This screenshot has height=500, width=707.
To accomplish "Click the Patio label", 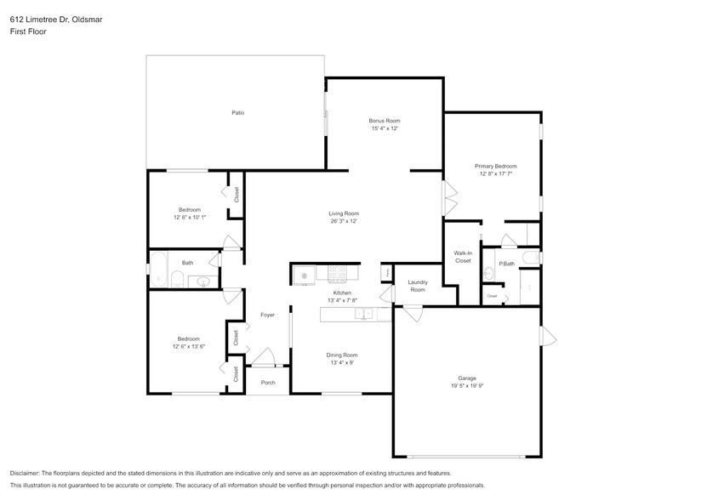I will pyautogui.click(x=238, y=112).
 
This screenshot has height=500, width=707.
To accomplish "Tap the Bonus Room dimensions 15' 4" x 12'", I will pyautogui.click(x=384, y=128).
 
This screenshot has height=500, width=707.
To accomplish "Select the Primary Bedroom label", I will pyautogui.click(x=495, y=166).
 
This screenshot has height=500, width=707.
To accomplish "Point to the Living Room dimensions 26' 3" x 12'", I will pyautogui.click(x=344, y=221).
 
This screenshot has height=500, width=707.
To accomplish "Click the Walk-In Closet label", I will pyautogui.click(x=462, y=257).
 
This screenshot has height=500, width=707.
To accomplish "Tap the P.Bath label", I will pyautogui.click(x=506, y=264).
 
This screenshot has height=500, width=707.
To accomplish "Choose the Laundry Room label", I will pyautogui.click(x=417, y=286).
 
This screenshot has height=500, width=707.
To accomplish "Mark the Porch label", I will pyautogui.click(x=268, y=383).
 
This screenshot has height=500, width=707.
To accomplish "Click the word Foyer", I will pyautogui.click(x=267, y=315).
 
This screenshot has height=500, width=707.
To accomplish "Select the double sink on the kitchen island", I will pyautogui.click(x=362, y=315).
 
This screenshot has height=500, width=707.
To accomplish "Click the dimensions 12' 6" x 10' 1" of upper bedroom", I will pyautogui.click(x=189, y=218).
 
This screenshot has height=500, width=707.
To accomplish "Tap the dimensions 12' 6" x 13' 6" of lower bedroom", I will pyautogui.click(x=188, y=346).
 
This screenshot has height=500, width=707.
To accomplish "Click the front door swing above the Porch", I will pyautogui.click(x=265, y=357).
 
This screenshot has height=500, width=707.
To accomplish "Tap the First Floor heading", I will pyautogui.click(x=27, y=31).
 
